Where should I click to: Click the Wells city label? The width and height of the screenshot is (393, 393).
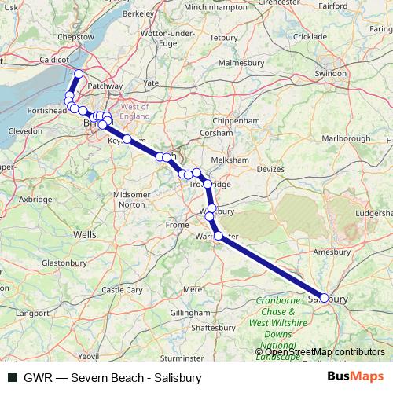pyautogui.click(x=84, y=234)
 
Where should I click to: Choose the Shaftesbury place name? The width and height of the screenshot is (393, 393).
pyautogui.click(x=215, y=327)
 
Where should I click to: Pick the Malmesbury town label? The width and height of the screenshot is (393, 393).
pyautogui.click(x=240, y=62)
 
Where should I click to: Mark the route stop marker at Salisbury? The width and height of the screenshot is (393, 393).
pyautogui.click(x=325, y=298)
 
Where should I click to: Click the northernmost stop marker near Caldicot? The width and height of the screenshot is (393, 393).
pyautogui.click(x=79, y=74)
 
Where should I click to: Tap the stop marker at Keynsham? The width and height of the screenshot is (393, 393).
pyautogui.click(x=127, y=139)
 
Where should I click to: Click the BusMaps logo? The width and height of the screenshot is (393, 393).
pyautogui.click(x=355, y=376)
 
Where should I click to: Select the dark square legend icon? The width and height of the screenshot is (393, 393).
pyautogui.click(x=11, y=377)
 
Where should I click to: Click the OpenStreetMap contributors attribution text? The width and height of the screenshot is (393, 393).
pyautogui.click(x=320, y=352)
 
